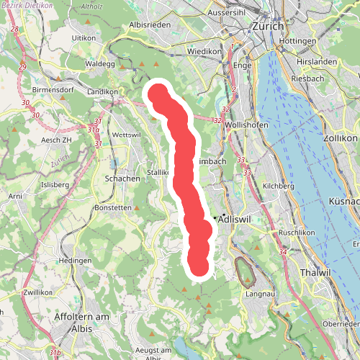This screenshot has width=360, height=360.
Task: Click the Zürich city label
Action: [x=269, y=26]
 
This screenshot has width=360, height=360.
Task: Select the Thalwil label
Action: [x=315, y=272]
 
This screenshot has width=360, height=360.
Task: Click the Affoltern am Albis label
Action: [x=81, y=322]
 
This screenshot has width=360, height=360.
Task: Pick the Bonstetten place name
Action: [x=112, y=207]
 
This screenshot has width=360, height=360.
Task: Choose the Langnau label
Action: [x=260, y=294]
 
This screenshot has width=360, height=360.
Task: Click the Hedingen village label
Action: [x=76, y=260]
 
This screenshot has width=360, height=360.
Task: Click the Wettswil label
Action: [x=126, y=135]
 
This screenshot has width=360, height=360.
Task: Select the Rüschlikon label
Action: [x=297, y=233]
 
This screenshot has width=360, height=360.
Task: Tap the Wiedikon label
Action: [x=204, y=52]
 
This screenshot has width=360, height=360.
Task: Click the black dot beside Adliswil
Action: [x=224, y=217]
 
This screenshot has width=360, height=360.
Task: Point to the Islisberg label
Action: [x=55, y=184]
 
